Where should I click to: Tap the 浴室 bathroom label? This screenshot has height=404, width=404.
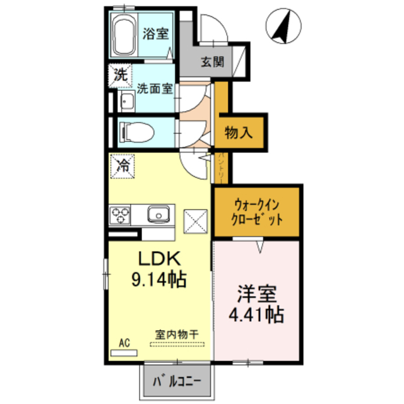155,34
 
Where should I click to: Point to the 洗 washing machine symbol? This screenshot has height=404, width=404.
119,74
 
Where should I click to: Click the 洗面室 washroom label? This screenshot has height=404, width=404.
154,89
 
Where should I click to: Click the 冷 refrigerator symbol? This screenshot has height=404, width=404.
124,167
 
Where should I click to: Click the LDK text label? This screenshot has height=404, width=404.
160,259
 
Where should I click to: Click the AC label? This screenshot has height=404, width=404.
124,343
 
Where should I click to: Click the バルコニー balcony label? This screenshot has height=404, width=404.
177,381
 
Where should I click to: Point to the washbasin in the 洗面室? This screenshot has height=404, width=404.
127,100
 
